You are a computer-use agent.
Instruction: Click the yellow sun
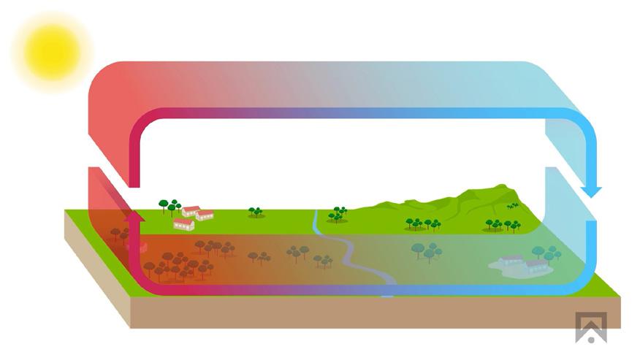pos(52,49)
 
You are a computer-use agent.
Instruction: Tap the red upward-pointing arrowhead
pos(132,217)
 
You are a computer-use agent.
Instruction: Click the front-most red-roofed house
pos(183,224)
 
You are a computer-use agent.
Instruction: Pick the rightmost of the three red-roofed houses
pos(205,215)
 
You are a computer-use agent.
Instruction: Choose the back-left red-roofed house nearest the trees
pos(191,211)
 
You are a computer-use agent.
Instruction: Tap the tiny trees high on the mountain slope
pos(512,207)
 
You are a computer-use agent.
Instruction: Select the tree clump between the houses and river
pos(256,212)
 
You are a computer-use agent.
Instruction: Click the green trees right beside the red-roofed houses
pos(171,207)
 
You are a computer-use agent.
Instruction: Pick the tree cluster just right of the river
pos(338,214)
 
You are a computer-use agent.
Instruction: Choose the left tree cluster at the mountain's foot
pos(423,223)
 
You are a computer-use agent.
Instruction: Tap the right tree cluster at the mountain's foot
pos(503,225)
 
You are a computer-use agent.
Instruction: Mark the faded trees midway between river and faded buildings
pos(426,250)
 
